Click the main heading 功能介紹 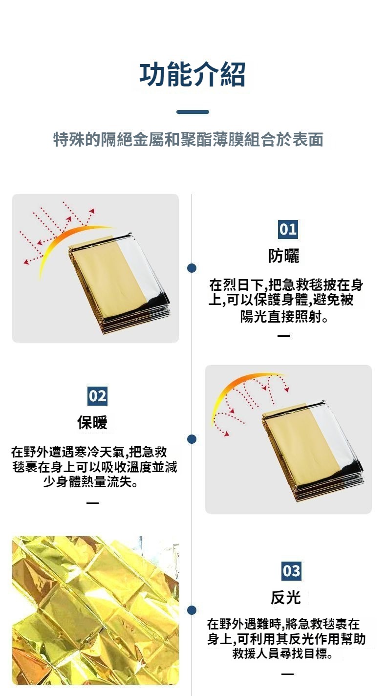(x=193, y=75)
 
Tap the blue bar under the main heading (x=193, y=112)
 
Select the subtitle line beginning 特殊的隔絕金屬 (x=189, y=139)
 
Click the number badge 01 (x=288, y=229)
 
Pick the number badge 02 (x=97, y=396)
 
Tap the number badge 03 (x=291, y=571)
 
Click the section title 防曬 (x=284, y=256)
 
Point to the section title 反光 (x=286, y=597)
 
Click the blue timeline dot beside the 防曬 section (x=192, y=268)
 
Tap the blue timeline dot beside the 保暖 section (x=192, y=439)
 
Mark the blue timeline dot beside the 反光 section (x=192, y=610)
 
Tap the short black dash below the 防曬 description (x=283, y=336)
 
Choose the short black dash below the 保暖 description (x=92, y=502)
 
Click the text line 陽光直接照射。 (x=284, y=317)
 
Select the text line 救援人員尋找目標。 (x=282, y=653)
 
